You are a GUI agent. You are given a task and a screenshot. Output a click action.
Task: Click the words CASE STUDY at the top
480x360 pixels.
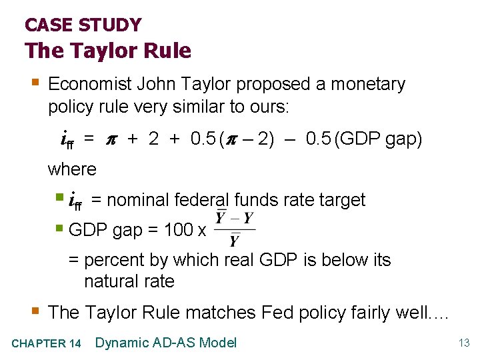(83, 25)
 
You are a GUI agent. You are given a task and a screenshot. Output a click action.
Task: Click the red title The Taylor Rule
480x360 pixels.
(108, 51)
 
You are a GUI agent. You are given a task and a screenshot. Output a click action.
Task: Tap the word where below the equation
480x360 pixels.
(72, 169)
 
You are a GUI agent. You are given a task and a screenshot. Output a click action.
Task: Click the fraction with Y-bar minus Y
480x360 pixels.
(233, 229)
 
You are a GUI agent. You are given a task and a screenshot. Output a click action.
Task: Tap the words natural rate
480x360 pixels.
(129, 281)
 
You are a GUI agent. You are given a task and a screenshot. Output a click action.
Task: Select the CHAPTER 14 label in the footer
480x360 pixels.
(47, 343)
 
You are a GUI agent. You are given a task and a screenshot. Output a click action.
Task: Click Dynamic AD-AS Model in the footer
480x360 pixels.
(166, 343)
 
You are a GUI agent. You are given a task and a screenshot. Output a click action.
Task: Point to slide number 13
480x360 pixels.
(464, 343)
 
